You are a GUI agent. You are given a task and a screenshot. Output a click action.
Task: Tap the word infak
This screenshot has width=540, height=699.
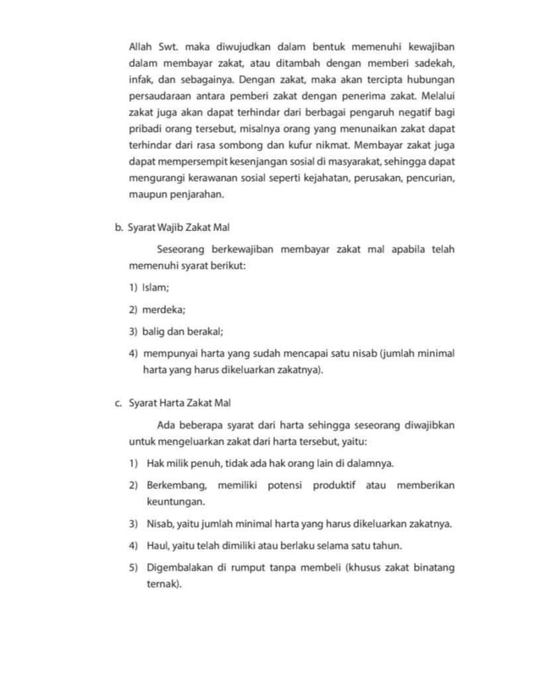[140, 86]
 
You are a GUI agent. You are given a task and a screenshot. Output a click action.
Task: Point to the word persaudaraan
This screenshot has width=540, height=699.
[161, 107]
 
